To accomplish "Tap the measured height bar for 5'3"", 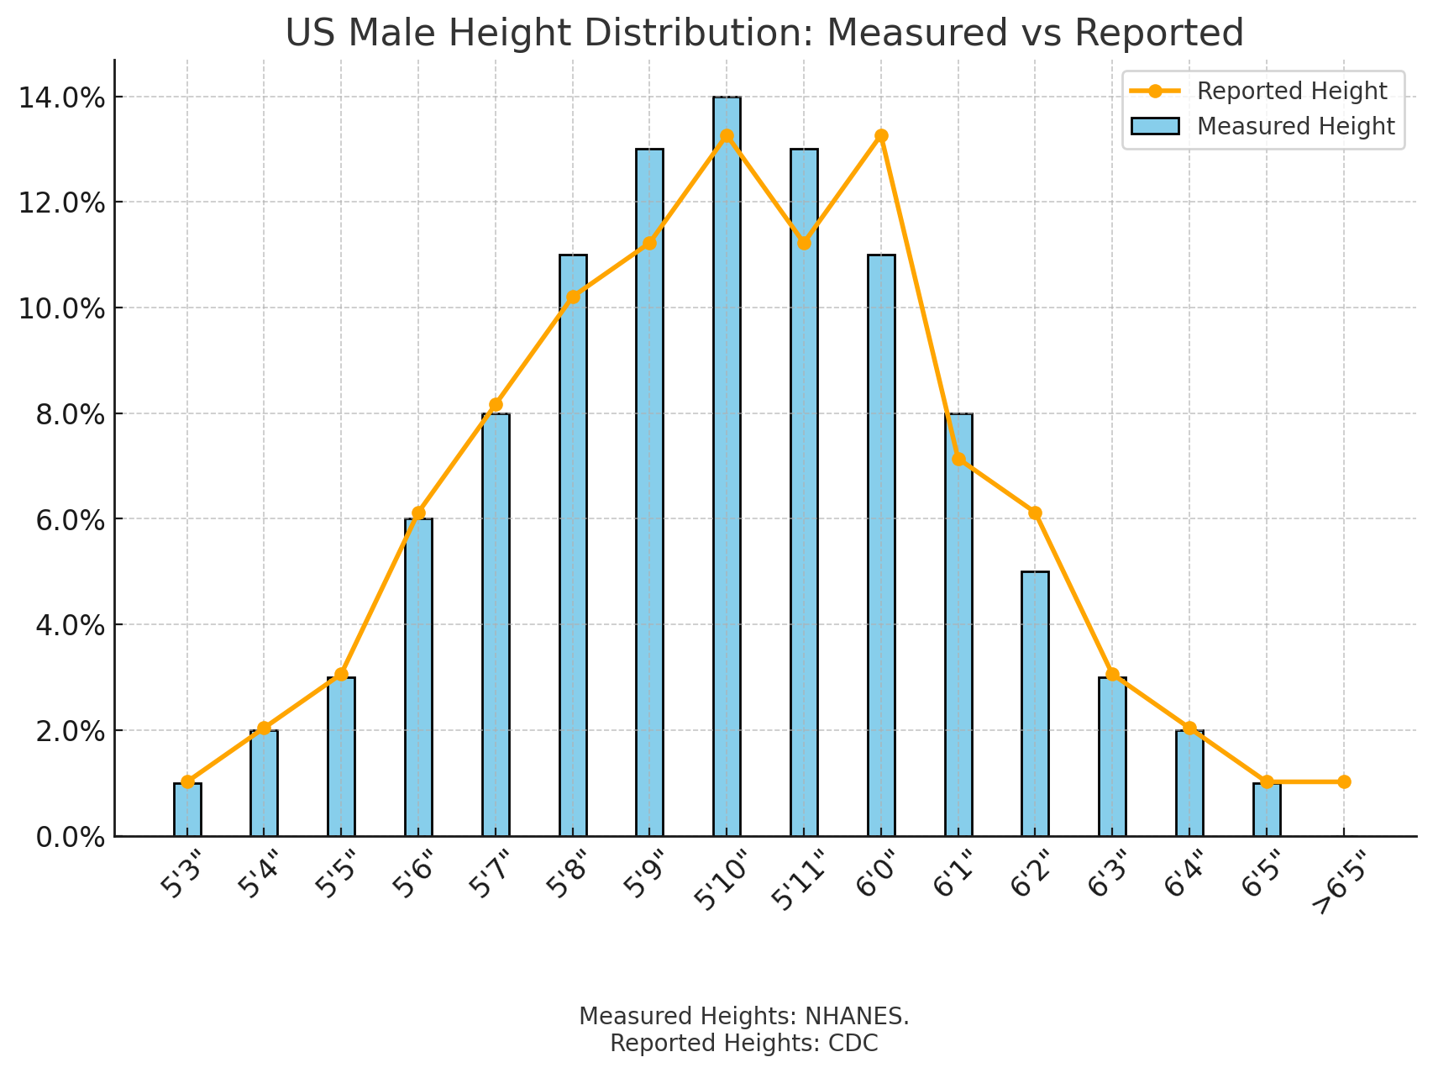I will [187, 810].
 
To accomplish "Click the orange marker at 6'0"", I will [881, 136].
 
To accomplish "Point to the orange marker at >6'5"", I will [1344, 781].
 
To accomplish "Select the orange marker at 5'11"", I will [804, 243].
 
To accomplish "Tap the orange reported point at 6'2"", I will [1035, 513].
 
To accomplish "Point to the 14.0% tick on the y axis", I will [62, 98].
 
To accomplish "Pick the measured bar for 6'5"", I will [1267, 810].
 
